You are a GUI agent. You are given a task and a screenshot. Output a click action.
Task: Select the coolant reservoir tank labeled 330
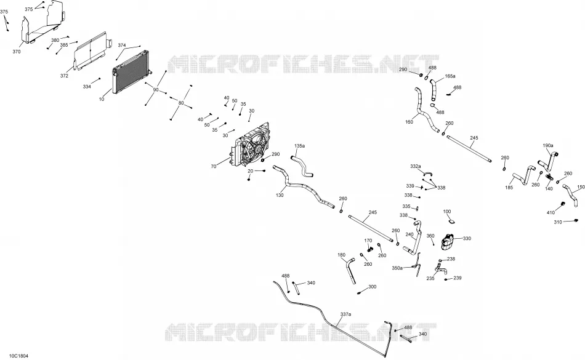point(448,241)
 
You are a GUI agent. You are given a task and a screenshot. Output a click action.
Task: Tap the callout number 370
point(17,52)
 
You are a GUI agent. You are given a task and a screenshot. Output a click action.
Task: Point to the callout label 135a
point(300,146)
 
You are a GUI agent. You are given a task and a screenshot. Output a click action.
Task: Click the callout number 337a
point(345,314)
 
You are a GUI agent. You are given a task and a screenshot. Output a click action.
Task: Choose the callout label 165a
point(450,76)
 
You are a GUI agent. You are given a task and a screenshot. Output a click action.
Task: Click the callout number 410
point(551,212)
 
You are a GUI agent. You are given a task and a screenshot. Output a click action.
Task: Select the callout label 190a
point(548,145)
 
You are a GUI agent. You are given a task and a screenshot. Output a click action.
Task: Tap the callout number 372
point(64,76)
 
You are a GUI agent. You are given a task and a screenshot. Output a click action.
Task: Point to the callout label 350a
point(397,268)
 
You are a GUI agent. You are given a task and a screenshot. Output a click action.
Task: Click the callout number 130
point(280,195)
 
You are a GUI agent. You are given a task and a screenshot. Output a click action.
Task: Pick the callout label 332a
point(416,166)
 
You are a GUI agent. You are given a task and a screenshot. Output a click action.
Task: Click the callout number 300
point(373,287)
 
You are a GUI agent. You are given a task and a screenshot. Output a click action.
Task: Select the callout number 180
point(341,255)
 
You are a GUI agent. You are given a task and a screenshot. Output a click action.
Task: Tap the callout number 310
point(558,223)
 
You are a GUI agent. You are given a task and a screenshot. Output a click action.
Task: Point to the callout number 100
point(447,212)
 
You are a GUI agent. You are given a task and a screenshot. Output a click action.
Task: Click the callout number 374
point(122,45)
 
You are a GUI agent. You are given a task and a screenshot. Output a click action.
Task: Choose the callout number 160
point(409,122)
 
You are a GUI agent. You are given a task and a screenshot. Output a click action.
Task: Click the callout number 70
point(214,167)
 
